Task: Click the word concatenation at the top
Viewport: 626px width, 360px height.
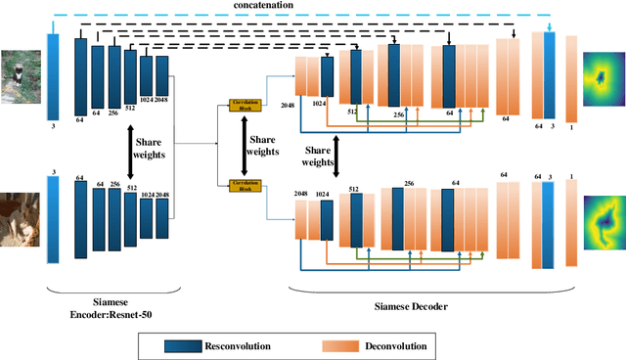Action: coord(290,6)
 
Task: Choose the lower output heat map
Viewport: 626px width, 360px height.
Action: coord(604,220)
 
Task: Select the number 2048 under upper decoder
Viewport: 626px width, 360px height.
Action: coord(289,104)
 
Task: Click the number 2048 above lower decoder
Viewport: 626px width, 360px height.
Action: coord(300,195)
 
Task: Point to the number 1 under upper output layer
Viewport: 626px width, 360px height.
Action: coord(572,128)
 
